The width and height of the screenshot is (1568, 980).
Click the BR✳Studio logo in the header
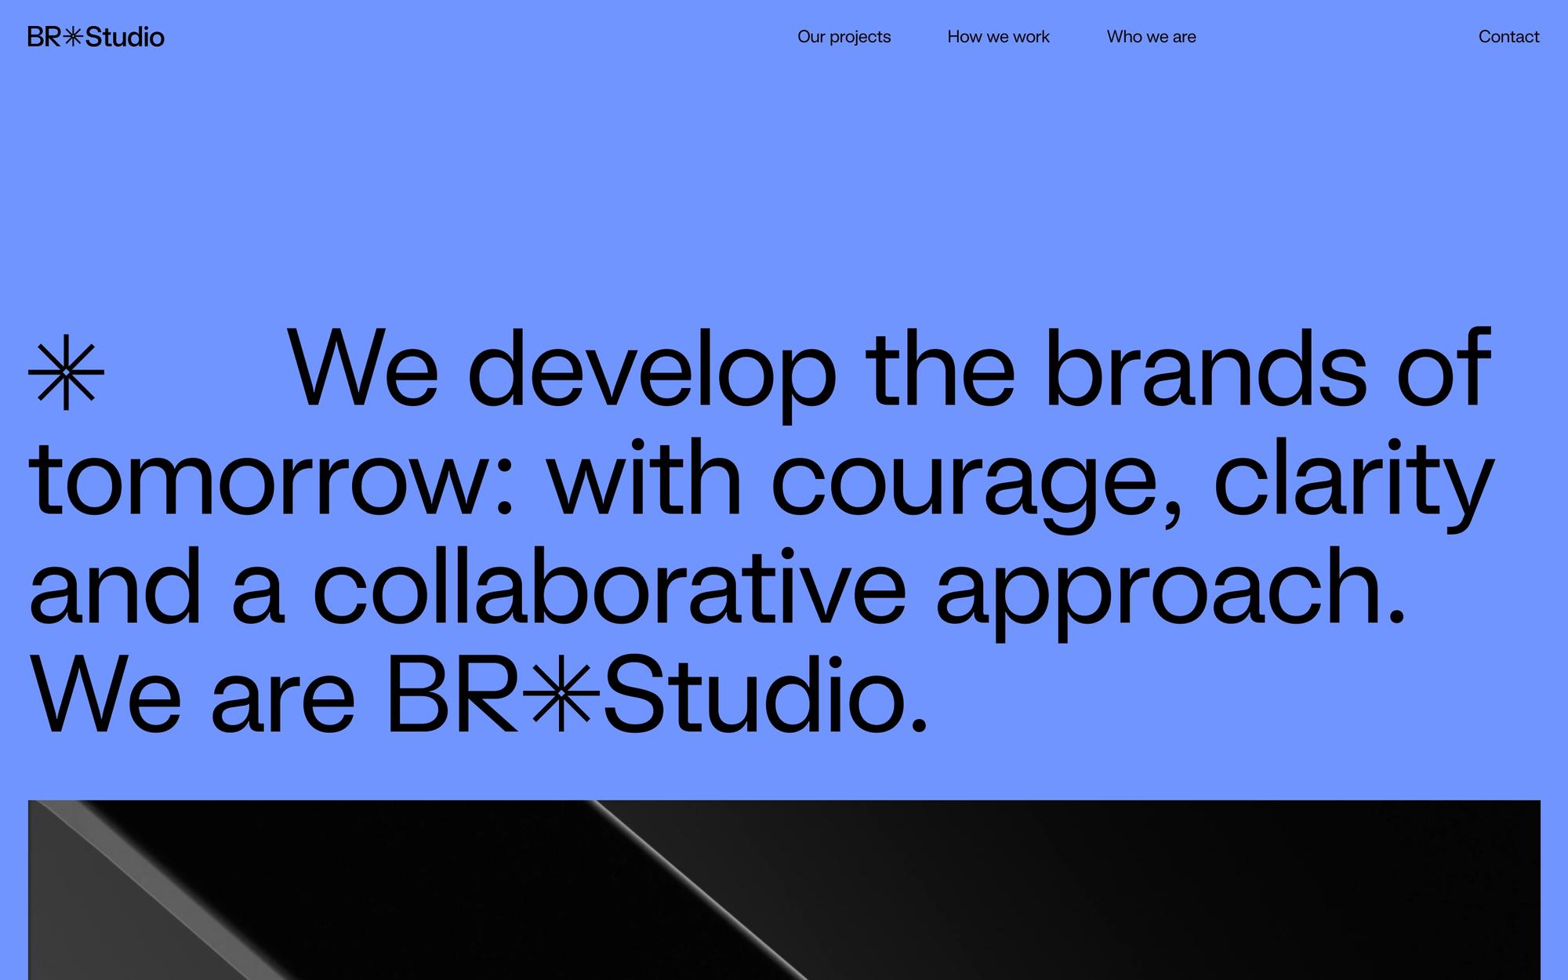[x=96, y=37]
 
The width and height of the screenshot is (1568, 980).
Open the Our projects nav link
[x=844, y=37]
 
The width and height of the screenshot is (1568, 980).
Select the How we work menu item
[x=998, y=37]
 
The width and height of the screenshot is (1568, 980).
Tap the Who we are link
[x=1151, y=37]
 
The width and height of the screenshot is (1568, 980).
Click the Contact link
[x=1508, y=37]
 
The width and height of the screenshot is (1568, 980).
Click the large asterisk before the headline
[x=66, y=372]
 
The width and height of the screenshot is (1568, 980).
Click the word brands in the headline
[x=1206, y=368]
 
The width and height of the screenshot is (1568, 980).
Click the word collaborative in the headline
[x=609, y=587]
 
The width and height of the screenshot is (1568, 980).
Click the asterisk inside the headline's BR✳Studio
[x=561, y=693]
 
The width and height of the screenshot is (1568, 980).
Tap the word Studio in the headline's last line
[x=764, y=695]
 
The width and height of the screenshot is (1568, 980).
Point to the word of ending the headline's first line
[x=1443, y=368]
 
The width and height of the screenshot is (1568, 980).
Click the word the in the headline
[x=940, y=368]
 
